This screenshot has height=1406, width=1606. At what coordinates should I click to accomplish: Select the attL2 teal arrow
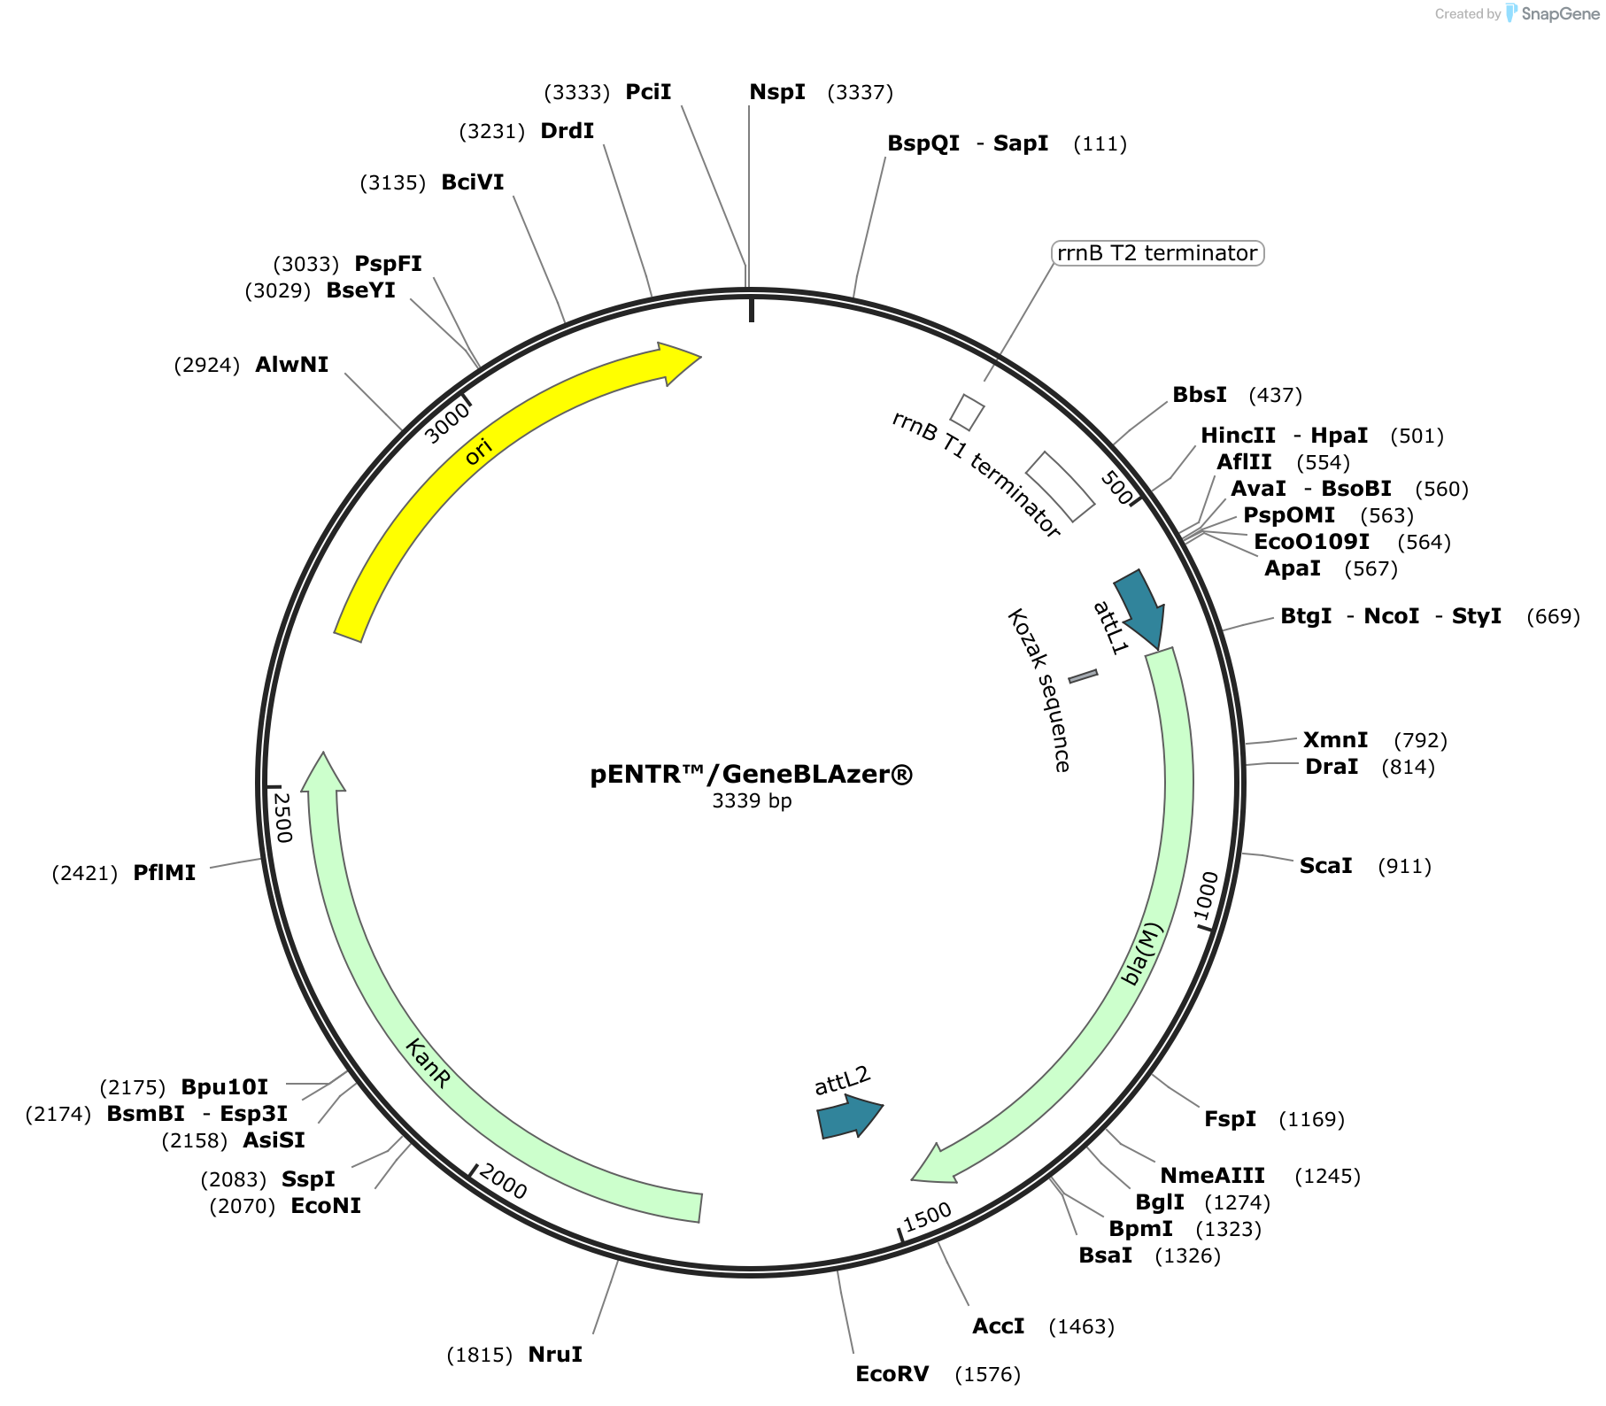(849, 1116)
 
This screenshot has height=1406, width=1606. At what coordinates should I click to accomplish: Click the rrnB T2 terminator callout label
(1157, 253)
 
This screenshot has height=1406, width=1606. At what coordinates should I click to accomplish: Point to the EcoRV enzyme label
(892, 1373)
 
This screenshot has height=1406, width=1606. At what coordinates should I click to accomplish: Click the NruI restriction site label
(555, 1354)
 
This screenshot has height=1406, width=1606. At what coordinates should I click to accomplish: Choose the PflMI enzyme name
(164, 872)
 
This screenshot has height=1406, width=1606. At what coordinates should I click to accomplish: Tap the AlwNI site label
(291, 364)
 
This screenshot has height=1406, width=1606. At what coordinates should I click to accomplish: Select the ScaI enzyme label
(1325, 865)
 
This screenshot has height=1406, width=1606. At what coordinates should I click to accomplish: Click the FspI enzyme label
(1230, 1118)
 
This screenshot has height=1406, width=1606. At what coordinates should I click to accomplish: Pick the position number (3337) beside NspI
(860, 92)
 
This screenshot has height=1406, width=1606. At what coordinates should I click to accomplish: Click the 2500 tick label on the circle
(282, 817)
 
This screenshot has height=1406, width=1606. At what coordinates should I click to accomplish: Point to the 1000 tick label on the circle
(1206, 896)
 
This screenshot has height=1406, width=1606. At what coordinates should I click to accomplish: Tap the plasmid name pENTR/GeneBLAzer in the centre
(752, 774)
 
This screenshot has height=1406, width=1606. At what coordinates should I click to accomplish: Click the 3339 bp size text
(752, 800)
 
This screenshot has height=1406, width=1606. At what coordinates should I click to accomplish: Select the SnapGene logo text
(1560, 13)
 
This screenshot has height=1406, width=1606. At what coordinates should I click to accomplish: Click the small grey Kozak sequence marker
(1083, 676)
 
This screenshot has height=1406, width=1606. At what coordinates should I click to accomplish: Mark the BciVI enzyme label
(473, 182)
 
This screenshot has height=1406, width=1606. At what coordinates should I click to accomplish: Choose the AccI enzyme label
(998, 1325)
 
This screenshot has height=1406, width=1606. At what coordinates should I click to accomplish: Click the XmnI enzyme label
(1335, 739)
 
